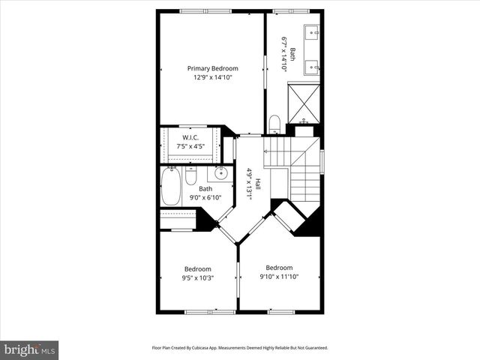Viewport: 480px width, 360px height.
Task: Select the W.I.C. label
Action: [x=190, y=137]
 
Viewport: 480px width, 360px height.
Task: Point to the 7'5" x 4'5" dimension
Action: [x=190, y=146]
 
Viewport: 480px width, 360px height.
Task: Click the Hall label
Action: [x=257, y=183]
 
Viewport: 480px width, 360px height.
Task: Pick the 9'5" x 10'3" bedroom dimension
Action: [x=198, y=278]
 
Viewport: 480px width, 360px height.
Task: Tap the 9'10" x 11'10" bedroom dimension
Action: [x=279, y=277]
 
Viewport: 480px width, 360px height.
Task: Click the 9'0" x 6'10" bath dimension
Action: [x=205, y=197]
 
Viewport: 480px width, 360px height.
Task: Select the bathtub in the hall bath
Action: [x=170, y=187]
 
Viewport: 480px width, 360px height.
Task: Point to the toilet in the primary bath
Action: [x=274, y=122]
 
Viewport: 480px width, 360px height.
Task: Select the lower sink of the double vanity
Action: [x=313, y=68]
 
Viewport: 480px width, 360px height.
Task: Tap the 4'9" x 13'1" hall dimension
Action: [x=249, y=183]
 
